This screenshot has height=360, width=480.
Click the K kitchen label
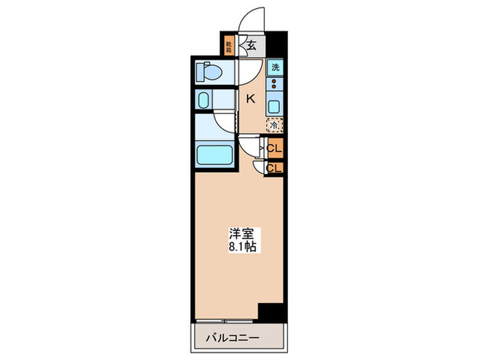[x=250, y=99]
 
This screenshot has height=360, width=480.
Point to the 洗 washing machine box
[x=275, y=67]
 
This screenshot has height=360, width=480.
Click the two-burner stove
[x=275, y=85]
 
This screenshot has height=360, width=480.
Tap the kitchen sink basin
[x=275, y=107]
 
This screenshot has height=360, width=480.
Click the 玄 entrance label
[x=252, y=47]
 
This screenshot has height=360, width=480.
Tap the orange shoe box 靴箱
[x=229, y=47]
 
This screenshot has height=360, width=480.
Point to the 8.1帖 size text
[x=241, y=246]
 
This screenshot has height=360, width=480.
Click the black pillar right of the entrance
[x=276, y=45]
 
